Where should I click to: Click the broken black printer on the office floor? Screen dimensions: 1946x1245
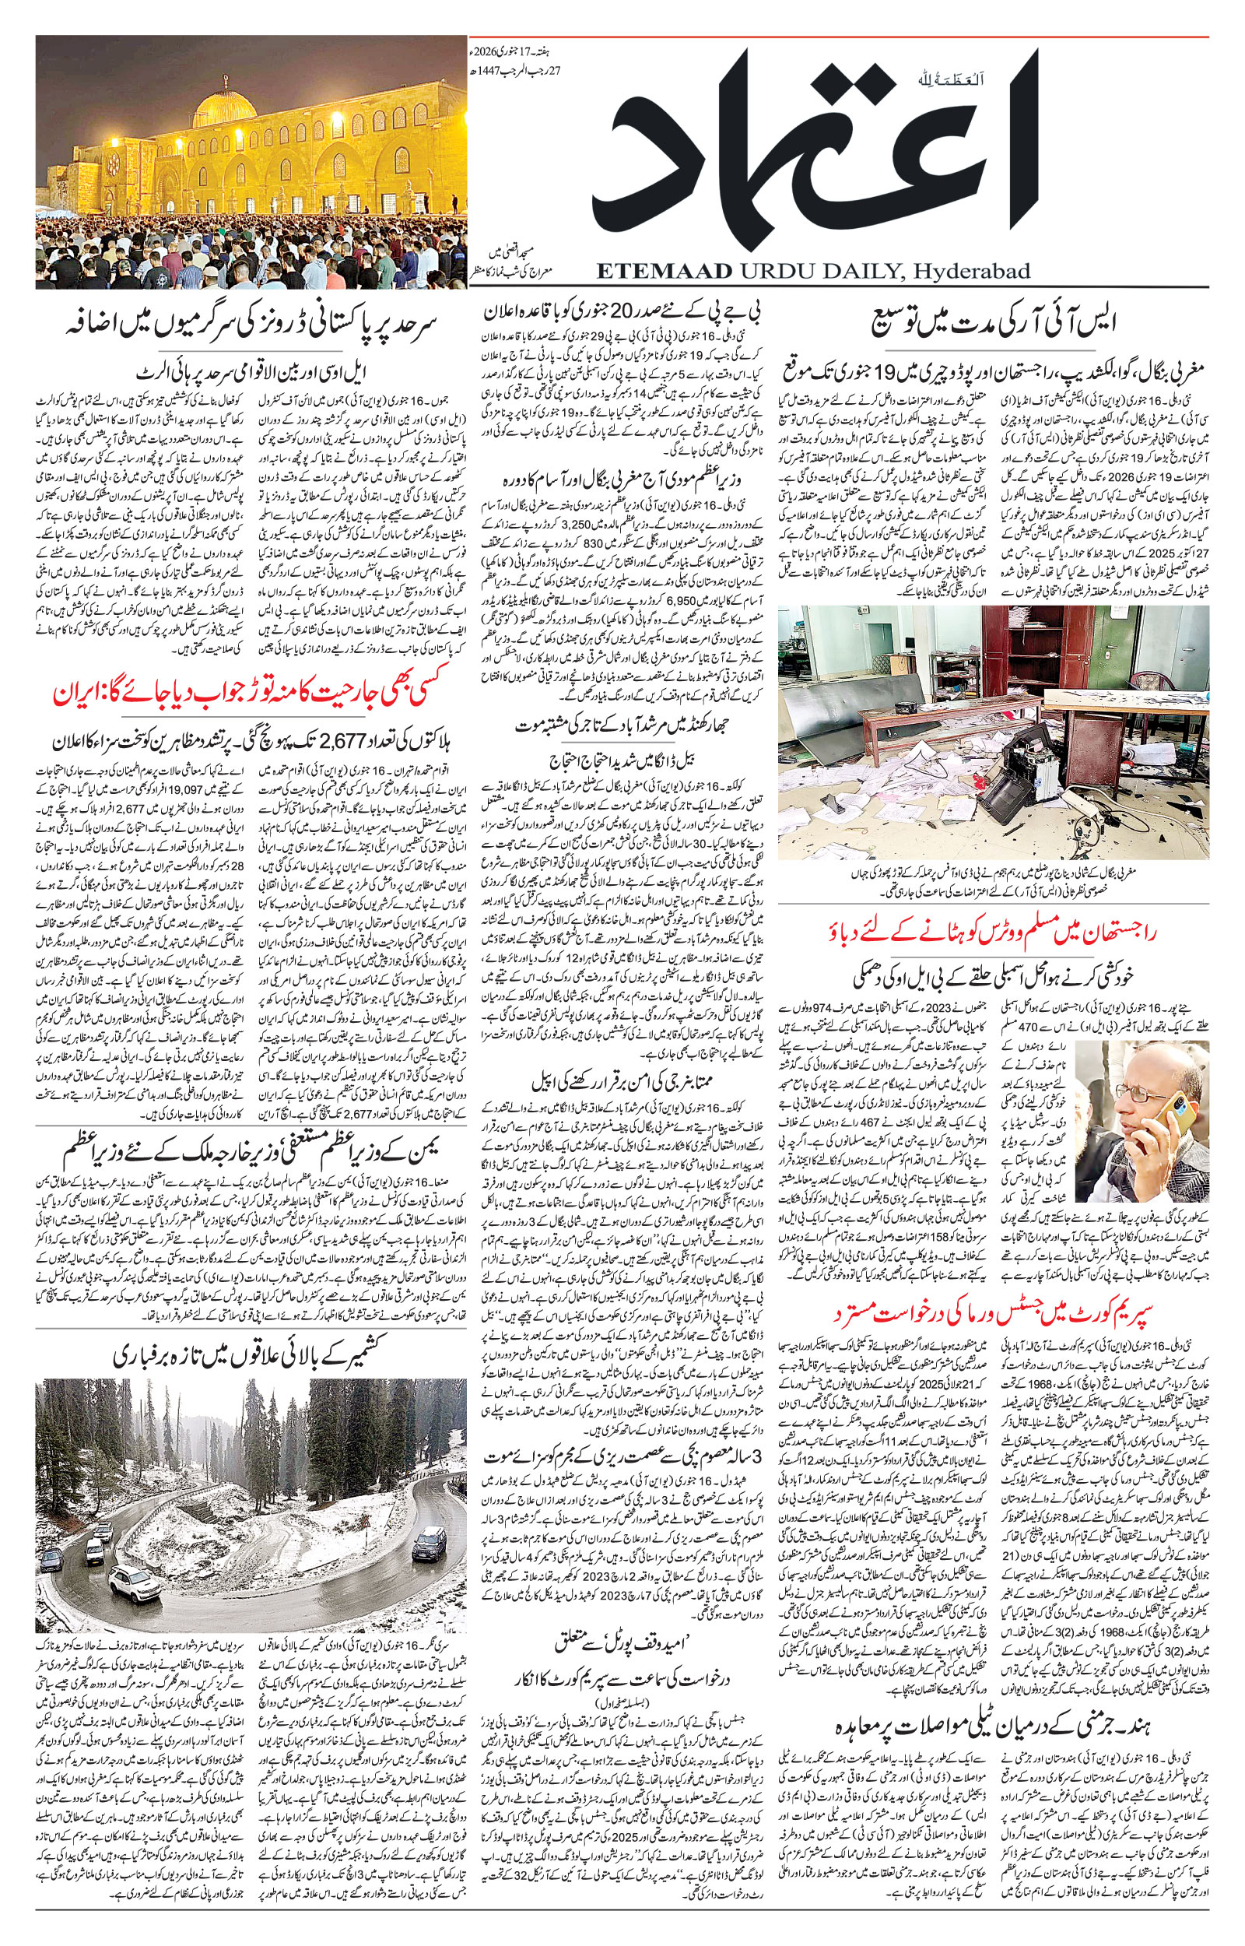(x=1022, y=772)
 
